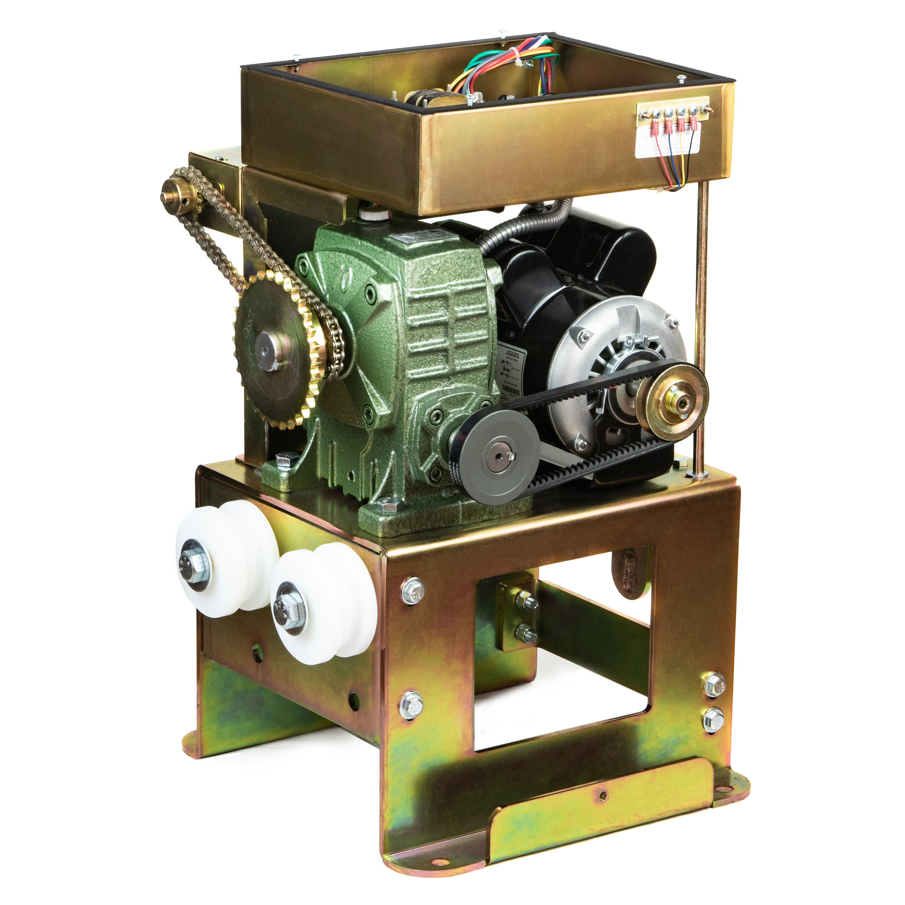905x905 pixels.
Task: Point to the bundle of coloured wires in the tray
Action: pos(534,61)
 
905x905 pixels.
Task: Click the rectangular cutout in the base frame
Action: pos(562,656)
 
